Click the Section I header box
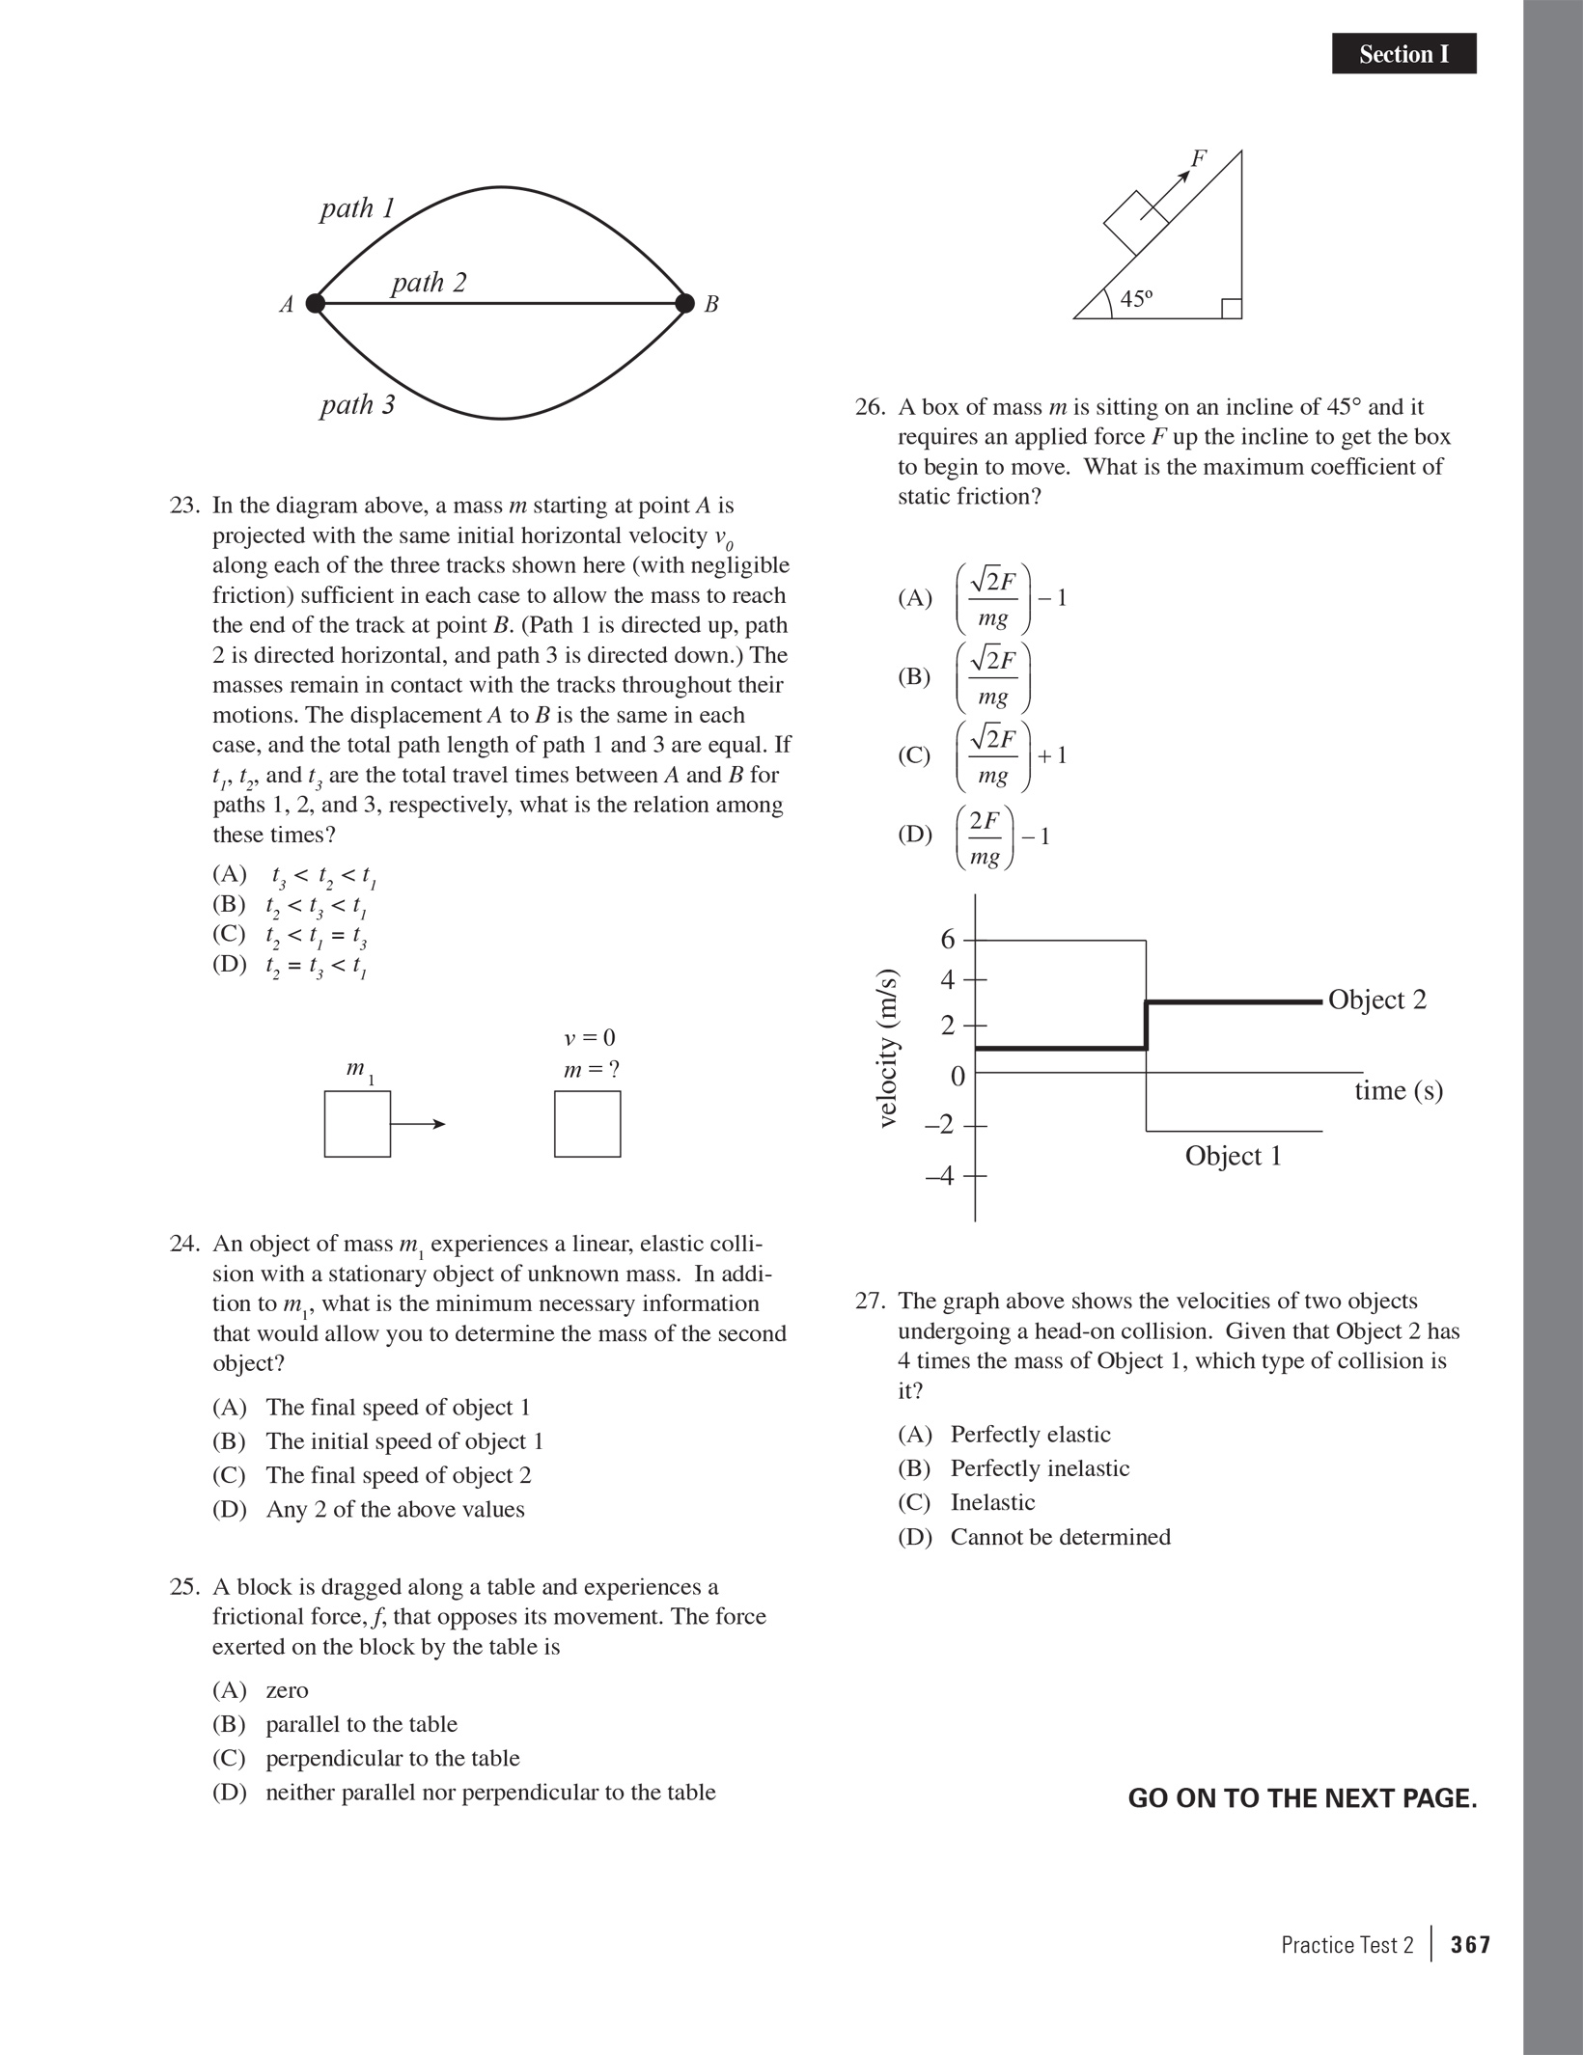pos(1403,54)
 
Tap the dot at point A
pos(315,304)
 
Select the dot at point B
pos(684,304)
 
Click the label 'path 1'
pos(358,208)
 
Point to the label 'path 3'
pos(358,404)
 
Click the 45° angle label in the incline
pos(1136,299)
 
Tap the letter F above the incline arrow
pos(1199,158)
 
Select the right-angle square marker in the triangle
pos(1232,309)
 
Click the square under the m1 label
pos(357,1124)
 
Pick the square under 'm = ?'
pos(587,1124)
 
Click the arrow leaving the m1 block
pos(418,1124)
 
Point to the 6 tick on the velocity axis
pos(948,939)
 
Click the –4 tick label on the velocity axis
pos(940,1176)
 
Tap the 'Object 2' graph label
pos(1376,1000)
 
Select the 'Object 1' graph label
pos(1234,1156)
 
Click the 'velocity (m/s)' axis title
pos(888,1048)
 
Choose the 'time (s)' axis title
pos(1399,1091)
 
